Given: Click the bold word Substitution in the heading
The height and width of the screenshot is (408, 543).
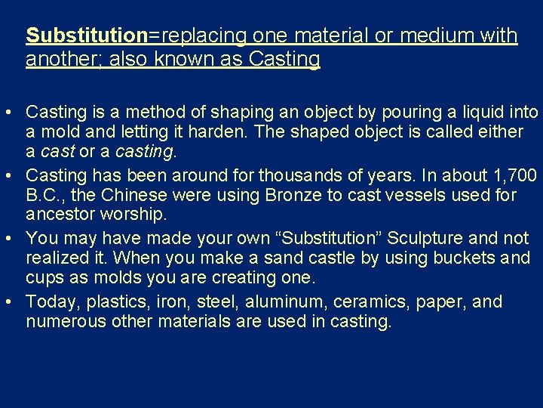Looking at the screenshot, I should click(86, 36).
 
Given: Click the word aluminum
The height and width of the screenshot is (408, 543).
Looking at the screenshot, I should click(275, 302).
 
